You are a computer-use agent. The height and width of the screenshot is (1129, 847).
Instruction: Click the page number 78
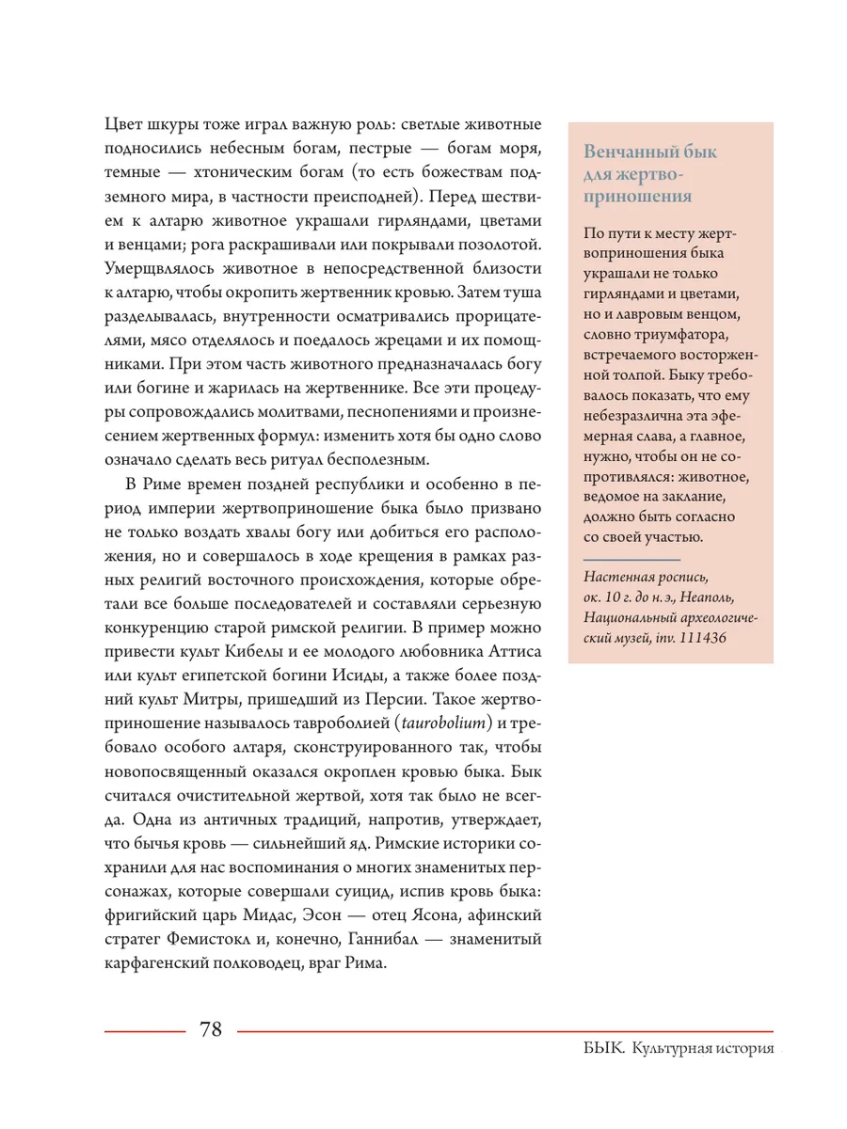pyautogui.click(x=211, y=1029)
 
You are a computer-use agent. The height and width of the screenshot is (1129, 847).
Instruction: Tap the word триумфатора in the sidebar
pyautogui.click(x=672, y=334)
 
